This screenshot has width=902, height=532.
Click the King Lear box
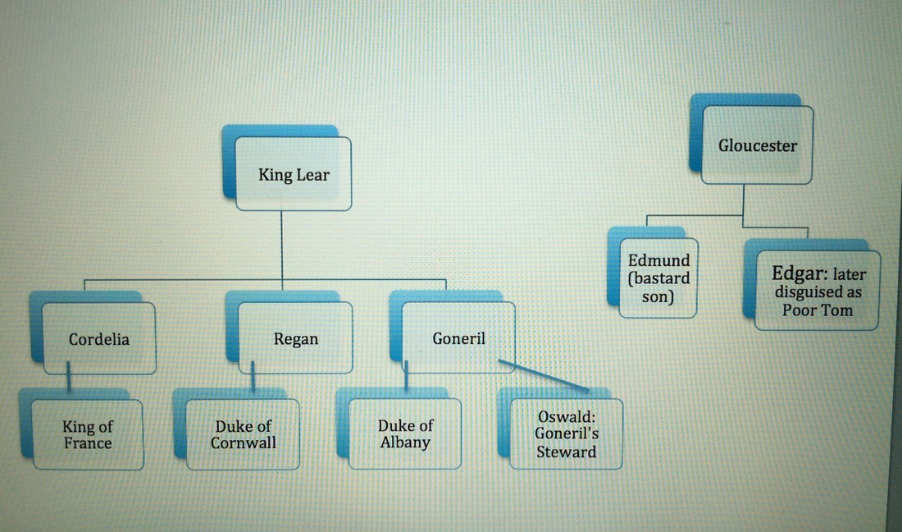293,174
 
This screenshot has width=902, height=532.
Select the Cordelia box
98,338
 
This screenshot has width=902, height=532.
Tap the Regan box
295,338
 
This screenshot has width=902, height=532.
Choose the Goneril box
458,337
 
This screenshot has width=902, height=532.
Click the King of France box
87,435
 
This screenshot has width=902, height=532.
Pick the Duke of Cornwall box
243,435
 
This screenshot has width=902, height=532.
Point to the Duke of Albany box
404,433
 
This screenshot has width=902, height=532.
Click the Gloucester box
758,146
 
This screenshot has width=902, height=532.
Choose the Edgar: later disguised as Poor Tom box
817,291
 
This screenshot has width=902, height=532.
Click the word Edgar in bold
792,273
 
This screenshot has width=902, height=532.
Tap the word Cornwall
243,443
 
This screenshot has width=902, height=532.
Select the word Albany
404,443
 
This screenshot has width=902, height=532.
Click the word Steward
566,452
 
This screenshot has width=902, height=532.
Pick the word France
87,444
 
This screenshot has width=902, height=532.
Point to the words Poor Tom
817,310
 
